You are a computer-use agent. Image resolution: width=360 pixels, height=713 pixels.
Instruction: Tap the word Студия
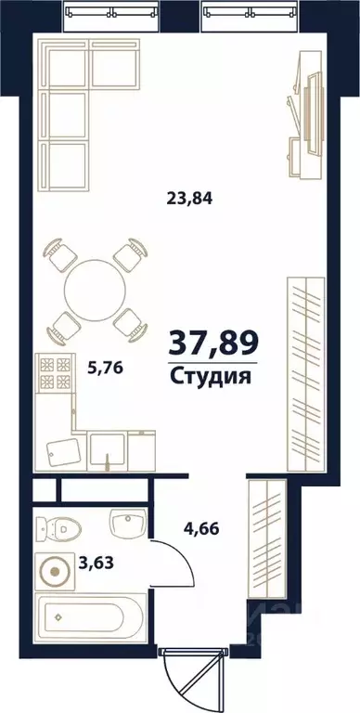click(212, 376)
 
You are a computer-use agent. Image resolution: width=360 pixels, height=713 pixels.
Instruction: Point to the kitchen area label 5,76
click(105, 367)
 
